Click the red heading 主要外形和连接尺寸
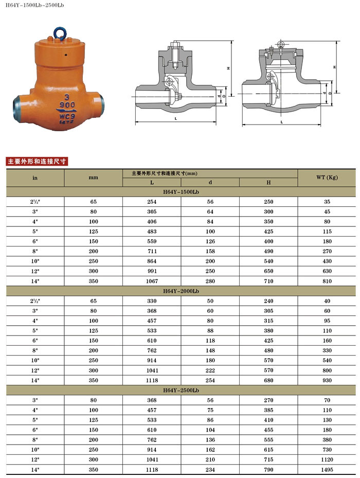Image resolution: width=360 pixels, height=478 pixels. pos(37,161)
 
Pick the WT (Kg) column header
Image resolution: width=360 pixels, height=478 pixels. pos(327,178)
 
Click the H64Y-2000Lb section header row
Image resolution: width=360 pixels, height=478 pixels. pos(181,291)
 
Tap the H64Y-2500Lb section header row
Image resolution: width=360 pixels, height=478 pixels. pos(181,391)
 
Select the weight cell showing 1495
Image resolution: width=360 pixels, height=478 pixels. pos(327,470)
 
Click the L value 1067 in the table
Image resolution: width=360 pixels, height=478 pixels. pos(152,281)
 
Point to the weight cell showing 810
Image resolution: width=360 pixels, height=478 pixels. pos(327,281)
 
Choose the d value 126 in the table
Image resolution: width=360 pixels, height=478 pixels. pos(210,241)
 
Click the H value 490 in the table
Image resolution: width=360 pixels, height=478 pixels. pos(268,251)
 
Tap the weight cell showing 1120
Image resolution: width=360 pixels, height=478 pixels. pos(327,460)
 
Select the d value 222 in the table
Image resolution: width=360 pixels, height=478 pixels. pos(210,370)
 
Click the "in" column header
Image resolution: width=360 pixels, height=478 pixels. pos(35,178)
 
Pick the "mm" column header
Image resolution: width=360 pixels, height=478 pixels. pos(93,178)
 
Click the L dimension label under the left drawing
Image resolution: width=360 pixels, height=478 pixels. pos(175,119)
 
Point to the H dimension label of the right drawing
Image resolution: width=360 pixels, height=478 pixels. pos(334,67)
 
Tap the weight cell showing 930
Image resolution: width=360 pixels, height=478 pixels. pos(327,380)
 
